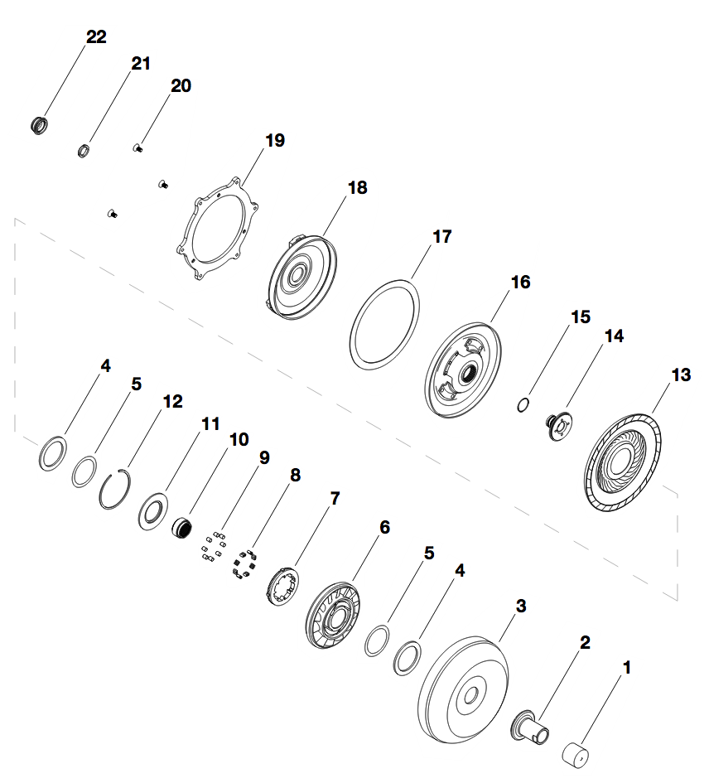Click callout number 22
(x=96, y=37)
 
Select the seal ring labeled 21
(x=83, y=150)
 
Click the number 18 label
(x=357, y=188)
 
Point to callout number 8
(x=295, y=476)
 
